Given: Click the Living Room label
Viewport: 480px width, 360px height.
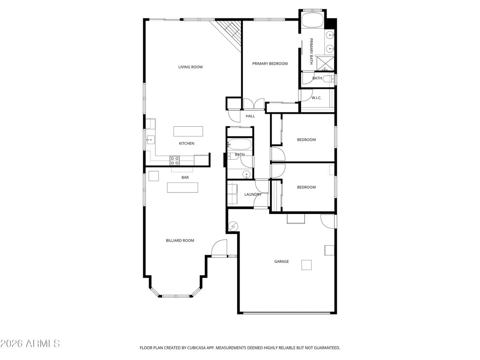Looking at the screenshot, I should [190, 67].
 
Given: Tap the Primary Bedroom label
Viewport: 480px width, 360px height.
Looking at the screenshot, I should [270, 64].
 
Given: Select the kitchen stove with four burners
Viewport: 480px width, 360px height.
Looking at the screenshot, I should [175, 160].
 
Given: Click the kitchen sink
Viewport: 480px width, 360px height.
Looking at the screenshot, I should [151, 140].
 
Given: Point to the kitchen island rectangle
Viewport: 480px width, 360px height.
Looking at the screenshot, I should [188, 131].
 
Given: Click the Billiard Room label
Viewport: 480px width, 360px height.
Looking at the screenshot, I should [180, 240].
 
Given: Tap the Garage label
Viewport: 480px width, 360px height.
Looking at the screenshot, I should [281, 262].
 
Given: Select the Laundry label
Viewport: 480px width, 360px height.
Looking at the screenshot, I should [252, 194].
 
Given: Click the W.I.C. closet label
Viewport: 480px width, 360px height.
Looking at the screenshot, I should [316, 98].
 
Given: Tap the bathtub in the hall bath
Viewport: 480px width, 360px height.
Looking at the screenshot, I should [240, 144].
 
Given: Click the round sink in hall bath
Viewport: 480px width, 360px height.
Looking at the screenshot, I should [247, 174].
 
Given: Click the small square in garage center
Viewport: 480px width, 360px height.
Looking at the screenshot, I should [306, 265].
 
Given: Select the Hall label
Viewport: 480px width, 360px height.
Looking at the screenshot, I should [250, 116].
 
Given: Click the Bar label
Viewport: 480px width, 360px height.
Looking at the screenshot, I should [185, 177].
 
